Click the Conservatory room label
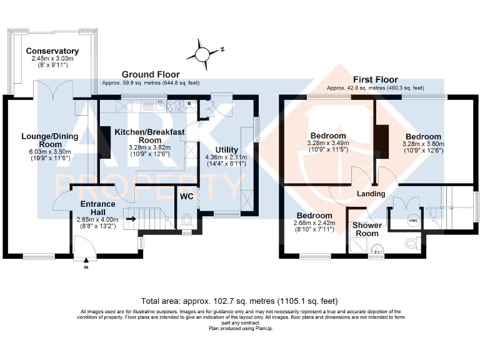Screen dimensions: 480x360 point(52,51)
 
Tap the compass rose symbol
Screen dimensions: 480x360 point(202,54)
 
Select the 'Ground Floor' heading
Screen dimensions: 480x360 point(151,74)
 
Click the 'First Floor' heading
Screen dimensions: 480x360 point(375,79)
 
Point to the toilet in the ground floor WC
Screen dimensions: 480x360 point(186,221)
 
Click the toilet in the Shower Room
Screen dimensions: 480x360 point(412,244)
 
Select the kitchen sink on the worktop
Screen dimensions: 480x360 point(161,106)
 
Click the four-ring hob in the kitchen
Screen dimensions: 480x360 point(174,106)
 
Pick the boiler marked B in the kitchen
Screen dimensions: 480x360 point(189,104)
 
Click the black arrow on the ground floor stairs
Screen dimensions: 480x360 point(132,219)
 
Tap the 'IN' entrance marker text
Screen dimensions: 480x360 point(86,267)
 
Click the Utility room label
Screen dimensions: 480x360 point(226,150)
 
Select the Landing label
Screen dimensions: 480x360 point(371,194)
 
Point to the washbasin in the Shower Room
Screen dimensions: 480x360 point(377,249)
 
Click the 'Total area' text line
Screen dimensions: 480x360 point(239,301)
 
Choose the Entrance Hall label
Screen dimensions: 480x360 point(98,208)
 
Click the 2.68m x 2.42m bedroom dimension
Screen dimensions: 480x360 point(314,223)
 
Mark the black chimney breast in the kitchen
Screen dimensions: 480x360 point(105,142)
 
